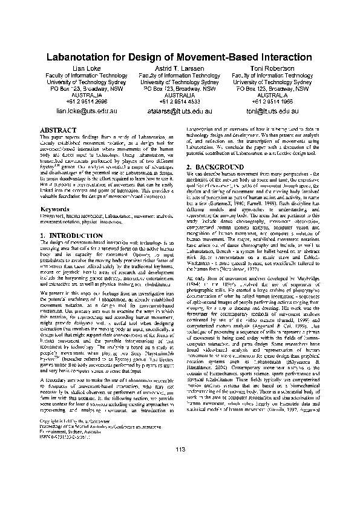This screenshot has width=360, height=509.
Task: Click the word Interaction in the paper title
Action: (277, 58)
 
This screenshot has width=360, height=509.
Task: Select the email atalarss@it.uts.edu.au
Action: (180, 112)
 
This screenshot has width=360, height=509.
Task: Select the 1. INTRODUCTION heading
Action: (70, 234)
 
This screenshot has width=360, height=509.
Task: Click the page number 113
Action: (180, 448)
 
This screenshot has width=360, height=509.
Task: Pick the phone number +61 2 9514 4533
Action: (180, 102)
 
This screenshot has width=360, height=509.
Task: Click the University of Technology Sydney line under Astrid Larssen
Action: (180, 82)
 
